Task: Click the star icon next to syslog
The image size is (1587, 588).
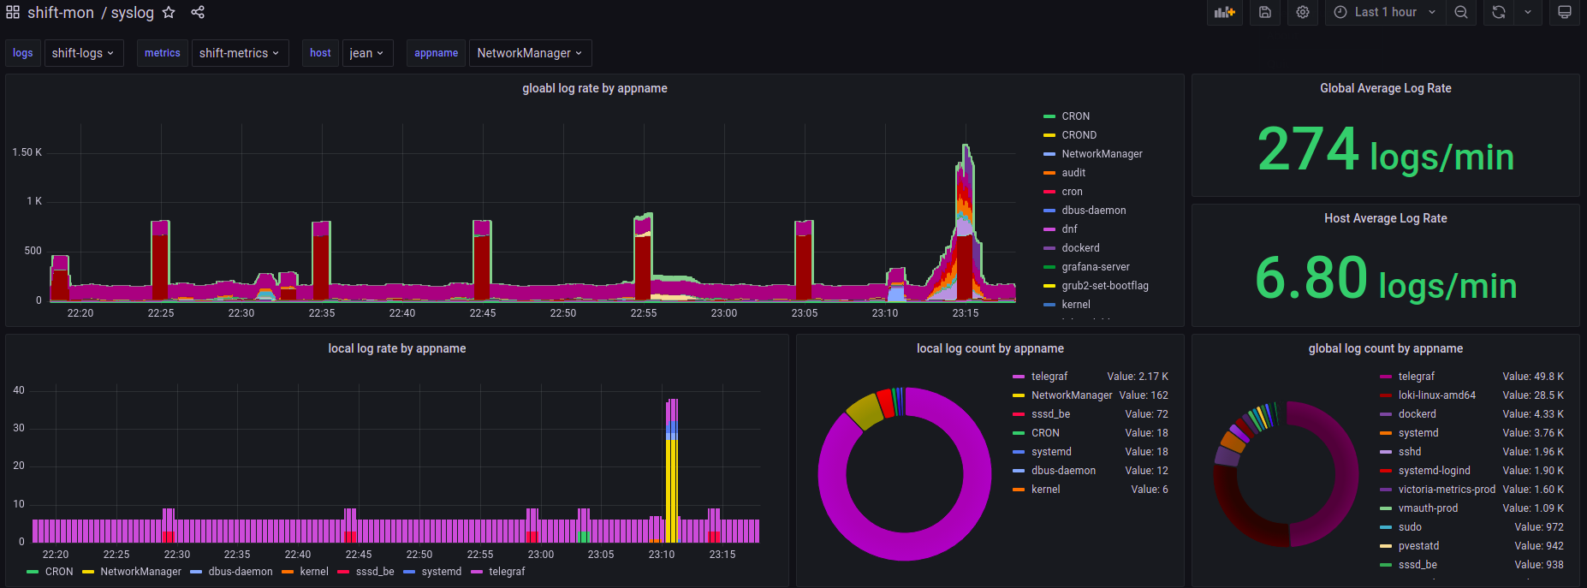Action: (169, 12)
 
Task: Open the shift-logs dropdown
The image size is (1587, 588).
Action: (83, 53)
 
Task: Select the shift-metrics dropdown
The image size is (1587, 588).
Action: (240, 53)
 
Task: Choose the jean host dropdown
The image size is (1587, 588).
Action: (366, 53)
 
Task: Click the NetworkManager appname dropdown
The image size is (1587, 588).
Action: (530, 53)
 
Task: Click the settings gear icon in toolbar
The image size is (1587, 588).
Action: (1303, 12)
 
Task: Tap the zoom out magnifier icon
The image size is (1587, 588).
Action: (1461, 12)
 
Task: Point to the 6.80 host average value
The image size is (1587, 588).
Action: (1311, 279)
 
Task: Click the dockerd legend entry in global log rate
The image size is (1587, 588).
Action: (1080, 248)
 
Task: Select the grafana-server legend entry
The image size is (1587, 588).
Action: (1096, 267)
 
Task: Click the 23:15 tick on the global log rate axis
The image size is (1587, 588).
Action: (966, 313)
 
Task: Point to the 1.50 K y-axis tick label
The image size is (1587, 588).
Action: (27, 152)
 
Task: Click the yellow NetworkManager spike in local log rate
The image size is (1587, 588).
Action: (671, 488)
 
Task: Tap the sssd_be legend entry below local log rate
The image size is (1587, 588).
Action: (375, 572)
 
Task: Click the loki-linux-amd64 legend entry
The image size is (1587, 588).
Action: (1436, 395)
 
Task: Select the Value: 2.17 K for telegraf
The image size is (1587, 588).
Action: (1138, 377)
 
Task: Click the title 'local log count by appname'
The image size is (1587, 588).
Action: (990, 348)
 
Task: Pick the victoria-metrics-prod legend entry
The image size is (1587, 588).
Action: (1447, 490)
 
